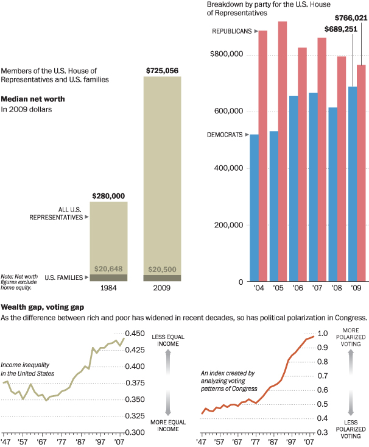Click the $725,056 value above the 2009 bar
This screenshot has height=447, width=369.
(x=162, y=71)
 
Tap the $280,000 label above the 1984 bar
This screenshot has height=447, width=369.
(x=108, y=196)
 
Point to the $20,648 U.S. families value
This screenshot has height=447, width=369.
(x=108, y=269)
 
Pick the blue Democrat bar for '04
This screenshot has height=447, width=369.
(x=255, y=208)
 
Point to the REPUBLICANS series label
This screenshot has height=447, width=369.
(x=231, y=31)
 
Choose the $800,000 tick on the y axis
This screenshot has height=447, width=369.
(x=227, y=55)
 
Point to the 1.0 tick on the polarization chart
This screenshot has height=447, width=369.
(x=323, y=334)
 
